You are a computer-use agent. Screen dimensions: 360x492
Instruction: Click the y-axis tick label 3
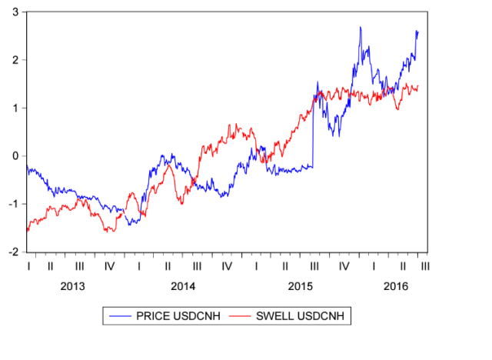(16, 12)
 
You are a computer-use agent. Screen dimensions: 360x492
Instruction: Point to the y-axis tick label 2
(16, 60)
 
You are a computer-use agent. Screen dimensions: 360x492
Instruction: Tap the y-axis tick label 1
(16, 108)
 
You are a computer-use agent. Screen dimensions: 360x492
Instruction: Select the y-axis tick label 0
(16, 155)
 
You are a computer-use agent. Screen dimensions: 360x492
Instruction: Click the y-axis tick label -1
(14, 204)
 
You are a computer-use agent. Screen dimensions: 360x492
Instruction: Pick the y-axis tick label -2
(14, 252)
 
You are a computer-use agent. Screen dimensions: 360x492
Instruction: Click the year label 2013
(72, 286)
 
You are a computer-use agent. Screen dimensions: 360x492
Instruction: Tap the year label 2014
(183, 286)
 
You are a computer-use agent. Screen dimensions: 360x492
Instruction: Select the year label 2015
(300, 286)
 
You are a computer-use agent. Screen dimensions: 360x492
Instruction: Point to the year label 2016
(396, 286)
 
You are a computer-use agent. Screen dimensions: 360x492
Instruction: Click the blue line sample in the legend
(119, 315)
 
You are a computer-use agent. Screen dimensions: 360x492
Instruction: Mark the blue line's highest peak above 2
(360, 28)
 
